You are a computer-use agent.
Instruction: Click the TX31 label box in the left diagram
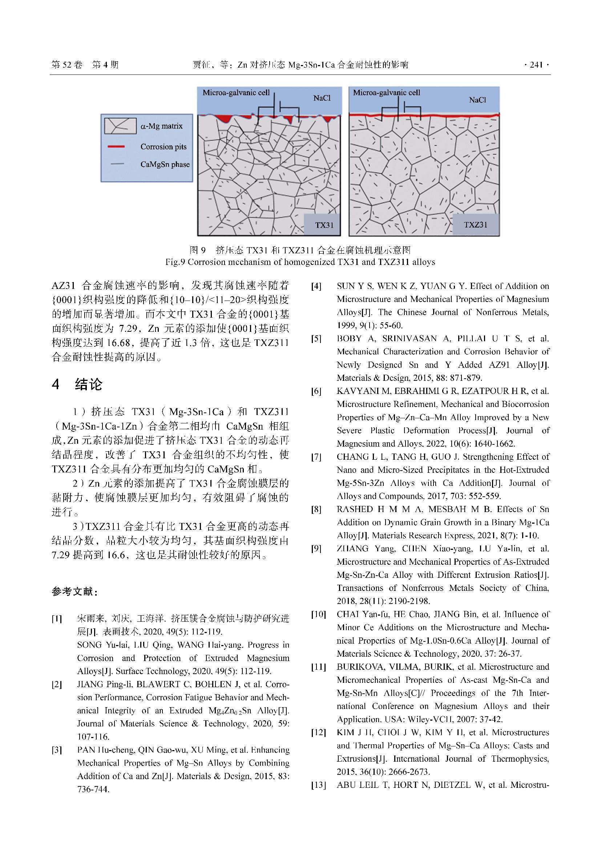click(322, 225)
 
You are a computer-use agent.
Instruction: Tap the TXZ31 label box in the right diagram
click(476, 225)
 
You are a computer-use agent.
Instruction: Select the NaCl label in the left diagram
click(322, 98)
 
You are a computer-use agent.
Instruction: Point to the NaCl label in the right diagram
click(477, 100)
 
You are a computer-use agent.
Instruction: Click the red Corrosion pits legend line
click(116, 147)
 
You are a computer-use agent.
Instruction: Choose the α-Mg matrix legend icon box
click(120, 126)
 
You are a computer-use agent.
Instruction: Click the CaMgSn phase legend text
click(165, 164)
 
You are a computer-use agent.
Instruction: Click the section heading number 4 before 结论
click(56, 384)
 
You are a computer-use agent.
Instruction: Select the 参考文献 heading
click(74, 592)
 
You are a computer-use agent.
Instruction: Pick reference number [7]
click(316, 457)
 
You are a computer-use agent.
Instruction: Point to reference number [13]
click(318, 785)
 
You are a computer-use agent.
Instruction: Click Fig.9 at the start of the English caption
click(175, 262)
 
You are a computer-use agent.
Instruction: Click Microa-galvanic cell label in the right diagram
click(386, 93)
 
